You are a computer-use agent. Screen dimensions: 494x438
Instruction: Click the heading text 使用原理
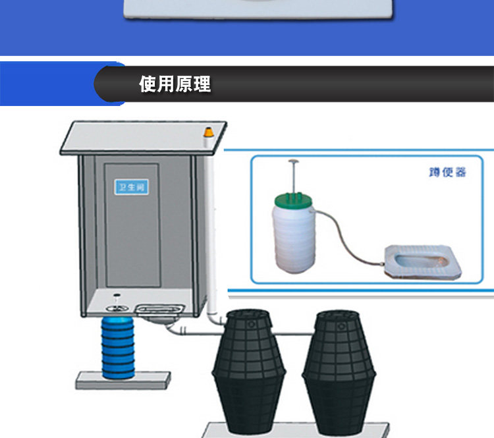coord(175,84)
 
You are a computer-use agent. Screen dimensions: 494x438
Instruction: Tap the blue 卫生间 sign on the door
coord(132,187)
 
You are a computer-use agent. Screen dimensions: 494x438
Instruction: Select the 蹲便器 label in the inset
coord(447,173)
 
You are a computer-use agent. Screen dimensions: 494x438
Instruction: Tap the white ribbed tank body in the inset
coord(294,237)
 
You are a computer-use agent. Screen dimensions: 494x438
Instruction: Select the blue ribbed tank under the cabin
coord(118,348)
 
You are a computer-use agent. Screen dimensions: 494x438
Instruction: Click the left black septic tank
coord(248,369)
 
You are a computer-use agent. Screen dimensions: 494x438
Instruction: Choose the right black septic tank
coord(340,369)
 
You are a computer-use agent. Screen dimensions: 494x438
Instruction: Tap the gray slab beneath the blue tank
coord(123,380)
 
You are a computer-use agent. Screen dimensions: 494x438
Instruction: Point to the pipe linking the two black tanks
coord(293,333)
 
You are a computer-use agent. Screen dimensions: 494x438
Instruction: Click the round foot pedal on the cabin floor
coord(116,304)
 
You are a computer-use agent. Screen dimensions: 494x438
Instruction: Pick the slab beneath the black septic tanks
coord(290,429)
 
